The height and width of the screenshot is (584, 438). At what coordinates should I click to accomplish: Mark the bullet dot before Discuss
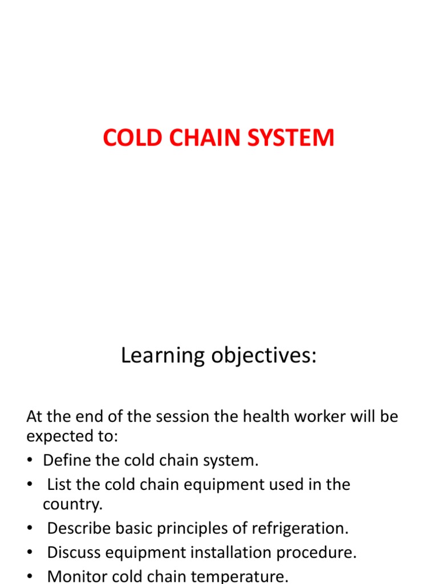30,553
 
